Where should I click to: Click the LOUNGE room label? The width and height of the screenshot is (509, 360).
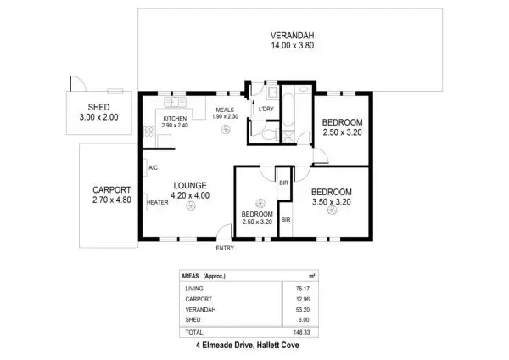coord(190,184)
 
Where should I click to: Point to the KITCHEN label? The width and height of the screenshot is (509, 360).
coord(175,118)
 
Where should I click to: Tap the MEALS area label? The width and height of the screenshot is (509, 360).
coord(225,109)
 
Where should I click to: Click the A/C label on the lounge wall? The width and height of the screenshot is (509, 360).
coord(153,168)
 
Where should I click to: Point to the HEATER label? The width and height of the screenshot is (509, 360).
coord(157,203)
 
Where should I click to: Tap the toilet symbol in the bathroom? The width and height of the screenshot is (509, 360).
coord(268,134)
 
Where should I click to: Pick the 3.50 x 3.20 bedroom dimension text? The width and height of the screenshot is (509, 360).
coord(332,202)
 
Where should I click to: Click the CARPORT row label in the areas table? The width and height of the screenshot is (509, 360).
coord(198,300)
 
